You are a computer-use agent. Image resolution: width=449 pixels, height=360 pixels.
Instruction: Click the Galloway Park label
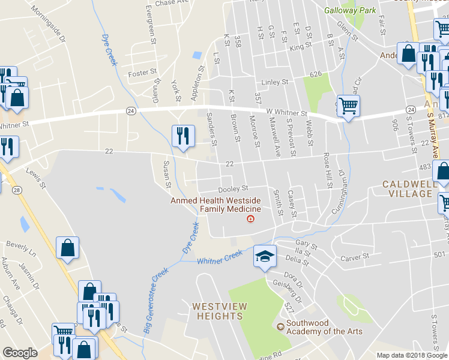[350, 10]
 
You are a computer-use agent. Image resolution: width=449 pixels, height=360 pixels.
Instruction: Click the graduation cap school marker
[265, 256]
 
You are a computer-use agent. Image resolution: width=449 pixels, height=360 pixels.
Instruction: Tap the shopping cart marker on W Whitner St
[348, 106]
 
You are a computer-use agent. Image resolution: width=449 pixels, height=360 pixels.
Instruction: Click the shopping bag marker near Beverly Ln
[67, 247]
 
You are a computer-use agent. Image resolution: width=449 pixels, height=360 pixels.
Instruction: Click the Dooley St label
[233, 188]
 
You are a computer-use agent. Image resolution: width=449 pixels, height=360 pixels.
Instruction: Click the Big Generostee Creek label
[156, 299]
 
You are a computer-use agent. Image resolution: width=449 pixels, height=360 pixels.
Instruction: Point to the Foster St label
[142, 74]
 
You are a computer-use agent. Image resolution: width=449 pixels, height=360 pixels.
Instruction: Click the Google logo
[20, 353]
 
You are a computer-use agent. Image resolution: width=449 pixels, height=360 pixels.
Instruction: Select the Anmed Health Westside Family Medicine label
[215, 205]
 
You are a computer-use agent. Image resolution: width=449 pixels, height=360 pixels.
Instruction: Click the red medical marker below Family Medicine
[250, 218]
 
